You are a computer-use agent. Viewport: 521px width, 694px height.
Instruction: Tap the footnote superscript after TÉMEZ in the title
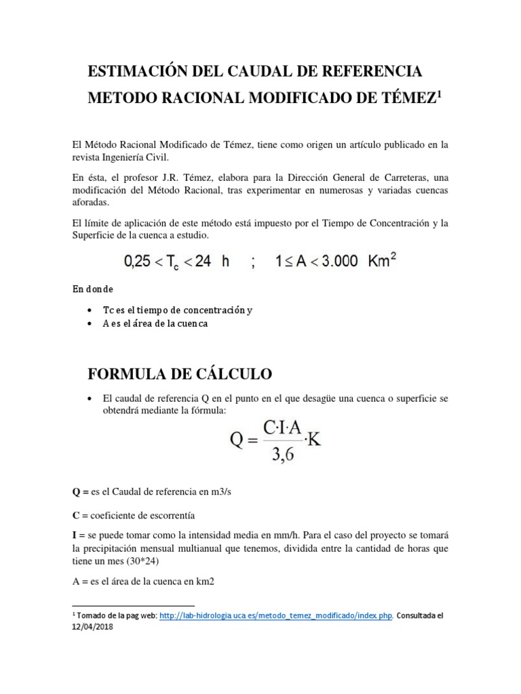click(439, 95)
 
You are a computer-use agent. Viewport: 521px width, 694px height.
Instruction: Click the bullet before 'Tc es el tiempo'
click(91, 310)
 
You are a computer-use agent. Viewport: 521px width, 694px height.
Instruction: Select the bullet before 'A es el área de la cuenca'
click(91, 324)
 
